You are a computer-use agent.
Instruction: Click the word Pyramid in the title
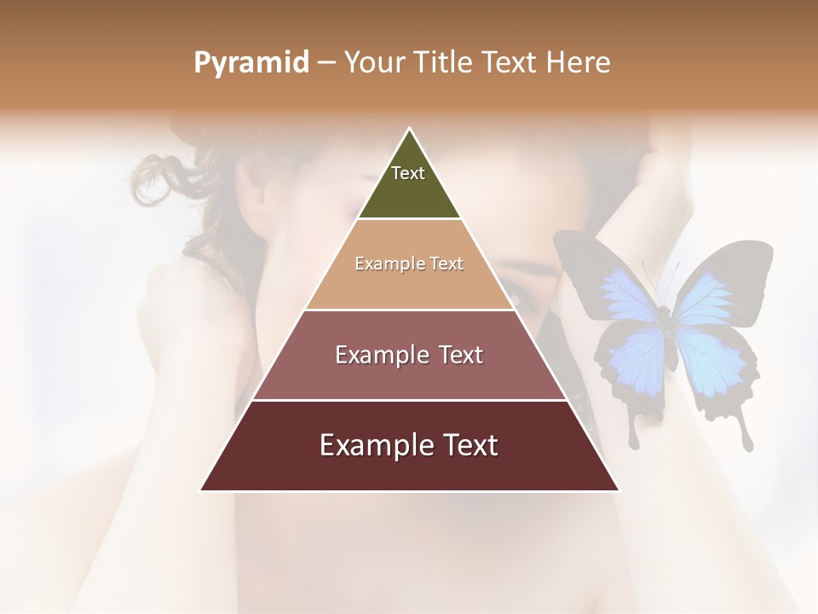pos(251,63)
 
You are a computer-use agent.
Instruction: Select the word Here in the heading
pos(579,63)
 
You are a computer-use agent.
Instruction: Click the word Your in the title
pos(374,63)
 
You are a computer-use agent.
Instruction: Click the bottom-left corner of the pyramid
pos(201,490)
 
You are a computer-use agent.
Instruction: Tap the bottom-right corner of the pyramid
pos(619,490)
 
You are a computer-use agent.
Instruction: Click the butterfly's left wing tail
pos(634,435)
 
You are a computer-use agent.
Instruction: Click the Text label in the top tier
pos(408,173)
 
